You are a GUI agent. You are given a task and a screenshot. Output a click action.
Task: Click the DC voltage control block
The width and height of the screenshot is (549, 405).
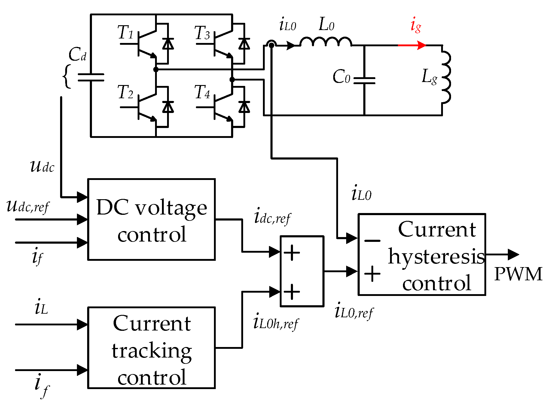point(151,220)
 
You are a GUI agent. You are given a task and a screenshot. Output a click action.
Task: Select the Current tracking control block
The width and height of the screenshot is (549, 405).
point(151,348)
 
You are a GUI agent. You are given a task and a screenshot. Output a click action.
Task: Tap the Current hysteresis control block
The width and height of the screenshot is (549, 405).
point(422,254)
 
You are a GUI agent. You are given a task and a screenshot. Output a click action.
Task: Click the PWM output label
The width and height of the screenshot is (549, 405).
point(518,274)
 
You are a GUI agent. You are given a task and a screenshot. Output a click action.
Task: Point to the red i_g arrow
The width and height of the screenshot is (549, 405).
point(412,45)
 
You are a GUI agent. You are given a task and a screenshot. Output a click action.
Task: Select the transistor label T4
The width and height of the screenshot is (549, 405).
point(202,92)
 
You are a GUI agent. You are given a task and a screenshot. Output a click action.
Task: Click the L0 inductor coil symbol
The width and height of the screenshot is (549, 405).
point(325,42)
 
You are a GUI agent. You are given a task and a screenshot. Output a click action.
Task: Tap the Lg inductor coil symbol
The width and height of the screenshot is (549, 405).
point(446,77)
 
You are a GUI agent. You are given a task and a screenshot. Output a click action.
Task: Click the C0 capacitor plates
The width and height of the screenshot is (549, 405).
point(364,80)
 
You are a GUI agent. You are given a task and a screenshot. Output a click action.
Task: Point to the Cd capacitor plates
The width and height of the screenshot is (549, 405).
point(91,77)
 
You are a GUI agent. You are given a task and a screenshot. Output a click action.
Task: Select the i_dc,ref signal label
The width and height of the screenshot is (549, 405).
point(272,217)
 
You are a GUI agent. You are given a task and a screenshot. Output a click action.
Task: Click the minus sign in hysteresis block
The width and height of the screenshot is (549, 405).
point(372,241)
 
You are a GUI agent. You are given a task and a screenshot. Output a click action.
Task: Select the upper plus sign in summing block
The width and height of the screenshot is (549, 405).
point(291,252)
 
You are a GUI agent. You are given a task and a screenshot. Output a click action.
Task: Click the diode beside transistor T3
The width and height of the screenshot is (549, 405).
point(244,44)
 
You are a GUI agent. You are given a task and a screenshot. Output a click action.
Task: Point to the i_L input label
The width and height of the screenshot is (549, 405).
point(41,308)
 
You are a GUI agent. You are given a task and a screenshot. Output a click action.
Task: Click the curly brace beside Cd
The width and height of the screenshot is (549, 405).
point(67,76)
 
